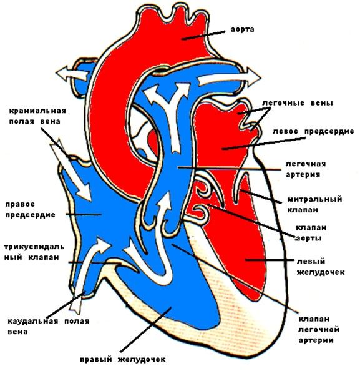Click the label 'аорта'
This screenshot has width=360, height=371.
tap(243, 30)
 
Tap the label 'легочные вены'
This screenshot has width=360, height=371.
tap(298, 103)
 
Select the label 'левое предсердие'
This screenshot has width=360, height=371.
tap(313, 131)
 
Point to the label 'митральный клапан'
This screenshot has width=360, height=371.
tap(314, 204)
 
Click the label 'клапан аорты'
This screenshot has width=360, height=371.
tap(310, 233)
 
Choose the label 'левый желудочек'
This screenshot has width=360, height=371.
tap(320, 267)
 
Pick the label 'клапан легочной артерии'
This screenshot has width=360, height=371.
tap(318, 330)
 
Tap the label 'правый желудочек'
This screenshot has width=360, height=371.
tap(122, 359)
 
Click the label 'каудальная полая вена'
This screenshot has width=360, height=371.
tap(49, 326)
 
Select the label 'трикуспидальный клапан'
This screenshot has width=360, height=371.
tap(34, 252)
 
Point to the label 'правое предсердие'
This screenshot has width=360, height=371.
tap(30, 209)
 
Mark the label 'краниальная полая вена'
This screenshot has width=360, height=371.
tap(37, 116)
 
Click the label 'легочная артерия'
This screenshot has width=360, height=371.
tap(306, 169)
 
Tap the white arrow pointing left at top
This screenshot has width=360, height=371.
tap(71, 74)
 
